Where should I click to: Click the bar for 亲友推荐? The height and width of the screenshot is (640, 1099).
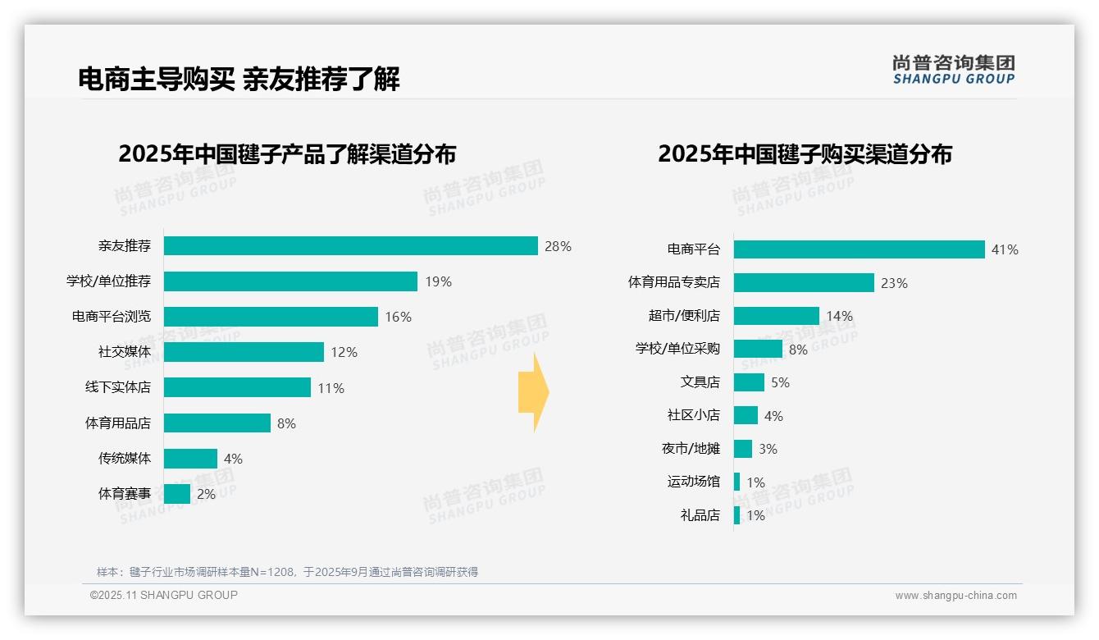click(350, 246)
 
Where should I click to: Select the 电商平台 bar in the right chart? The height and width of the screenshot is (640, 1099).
click(859, 249)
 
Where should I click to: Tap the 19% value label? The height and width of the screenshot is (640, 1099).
click(438, 281)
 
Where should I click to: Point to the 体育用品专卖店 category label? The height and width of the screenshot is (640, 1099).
click(673, 282)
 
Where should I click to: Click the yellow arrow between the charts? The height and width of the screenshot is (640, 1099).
click(533, 392)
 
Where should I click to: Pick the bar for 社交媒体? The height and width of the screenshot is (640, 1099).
click(244, 352)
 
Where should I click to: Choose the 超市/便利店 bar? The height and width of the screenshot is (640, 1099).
click(776, 316)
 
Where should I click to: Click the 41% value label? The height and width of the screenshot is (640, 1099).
click(1005, 249)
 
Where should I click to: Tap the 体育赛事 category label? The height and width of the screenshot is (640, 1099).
click(125, 494)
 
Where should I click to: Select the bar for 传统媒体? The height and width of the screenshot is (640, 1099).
click(190, 459)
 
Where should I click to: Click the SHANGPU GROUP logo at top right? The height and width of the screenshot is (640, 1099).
click(953, 70)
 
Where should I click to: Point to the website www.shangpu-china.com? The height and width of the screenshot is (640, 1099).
click(955, 596)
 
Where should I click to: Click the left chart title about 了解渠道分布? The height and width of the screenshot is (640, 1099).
click(287, 154)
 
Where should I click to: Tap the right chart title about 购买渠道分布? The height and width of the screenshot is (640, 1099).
click(805, 154)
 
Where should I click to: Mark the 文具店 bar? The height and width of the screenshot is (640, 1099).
click(749, 382)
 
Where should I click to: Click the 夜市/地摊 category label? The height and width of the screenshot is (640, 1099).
click(691, 449)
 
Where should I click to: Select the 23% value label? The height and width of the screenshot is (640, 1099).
click(894, 283)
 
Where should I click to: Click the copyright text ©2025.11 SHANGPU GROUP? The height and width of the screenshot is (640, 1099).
click(164, 595)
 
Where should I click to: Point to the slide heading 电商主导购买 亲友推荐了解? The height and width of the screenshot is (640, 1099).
click(239, 80)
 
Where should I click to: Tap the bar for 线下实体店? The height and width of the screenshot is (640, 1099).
click(237, 387)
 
